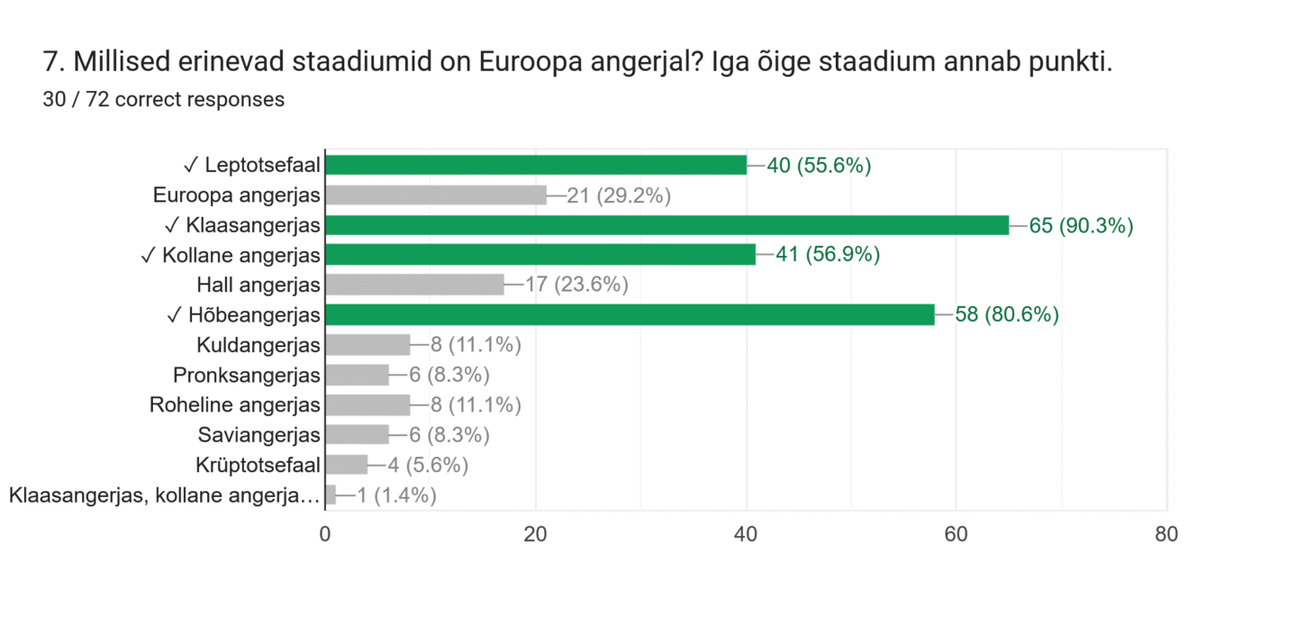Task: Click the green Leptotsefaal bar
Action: tap(536, 165)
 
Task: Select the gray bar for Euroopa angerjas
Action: tap(436, 195)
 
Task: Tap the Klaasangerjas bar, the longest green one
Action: tap(667, 225)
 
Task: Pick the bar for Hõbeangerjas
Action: tap(630, 314)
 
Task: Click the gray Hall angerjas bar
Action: tap(414, 285)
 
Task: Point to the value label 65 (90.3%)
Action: tap(1081, 225)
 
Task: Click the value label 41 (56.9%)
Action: tap(828, 255)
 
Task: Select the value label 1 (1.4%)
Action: tap(396, 495)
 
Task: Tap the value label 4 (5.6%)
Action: tap(428, 465)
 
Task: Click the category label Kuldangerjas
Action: tap(258, 345)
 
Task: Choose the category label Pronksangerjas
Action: tap(247, 375)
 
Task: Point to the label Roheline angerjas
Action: tap(235, 404)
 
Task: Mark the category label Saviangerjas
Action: tap(259, 435)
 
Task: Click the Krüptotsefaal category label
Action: tap(258, 465)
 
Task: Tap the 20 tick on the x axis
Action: tap(536, 534)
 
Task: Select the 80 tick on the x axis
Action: tap(1166, 534)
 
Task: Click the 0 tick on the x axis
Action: tap(325, 534)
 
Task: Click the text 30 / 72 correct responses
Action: tap(164, 100)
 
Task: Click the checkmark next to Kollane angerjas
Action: tap(149, 255)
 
